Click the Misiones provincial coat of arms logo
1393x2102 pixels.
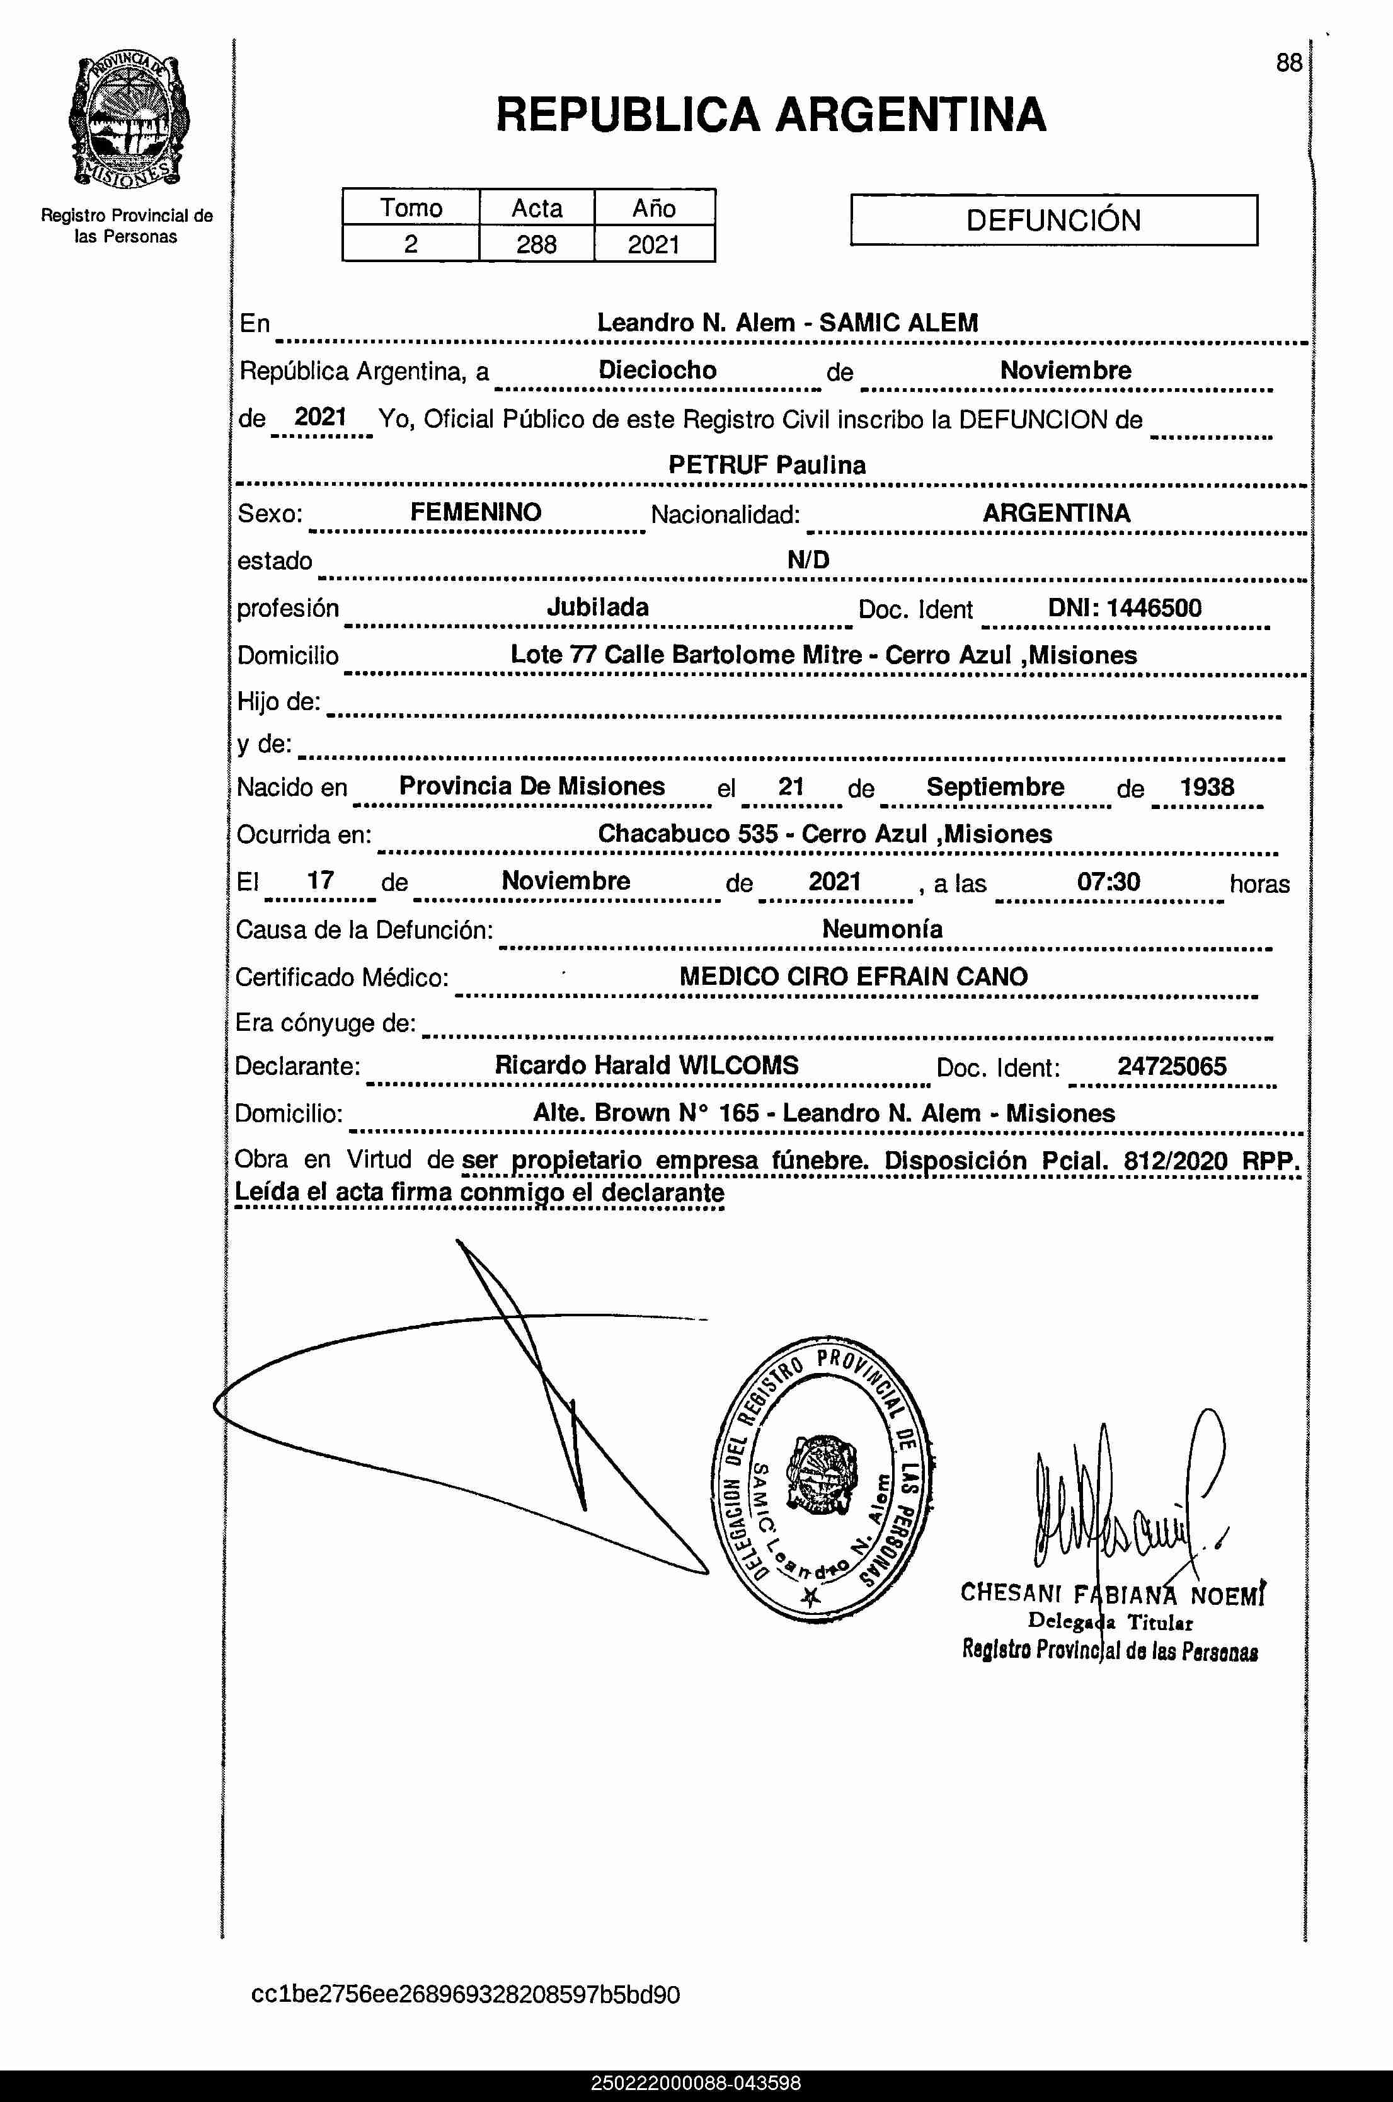[128, 121]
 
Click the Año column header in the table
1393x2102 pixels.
[654, 208]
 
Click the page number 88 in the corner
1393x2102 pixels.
[1288, 63]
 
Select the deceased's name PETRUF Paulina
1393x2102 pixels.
[767, 464]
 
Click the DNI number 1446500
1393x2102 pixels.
[1153, 609]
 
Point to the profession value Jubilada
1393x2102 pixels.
[597, 607]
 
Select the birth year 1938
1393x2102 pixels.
[1207, 787]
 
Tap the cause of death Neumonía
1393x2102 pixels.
[881, 929]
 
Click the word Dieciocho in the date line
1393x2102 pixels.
[657, 370]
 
